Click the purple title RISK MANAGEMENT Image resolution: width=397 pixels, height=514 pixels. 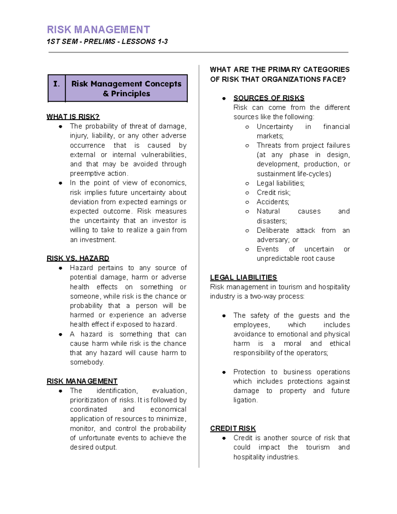[98, 30]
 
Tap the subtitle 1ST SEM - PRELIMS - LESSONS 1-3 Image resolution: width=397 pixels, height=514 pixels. [107, 42]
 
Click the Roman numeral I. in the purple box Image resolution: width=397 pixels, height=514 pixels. [57, 84]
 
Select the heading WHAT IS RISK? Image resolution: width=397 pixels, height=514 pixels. [73, 117]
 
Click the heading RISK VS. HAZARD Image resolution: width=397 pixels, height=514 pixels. [78, 258]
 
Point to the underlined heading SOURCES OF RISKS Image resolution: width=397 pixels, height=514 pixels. [269, 98]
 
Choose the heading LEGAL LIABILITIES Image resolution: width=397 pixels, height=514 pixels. [243, 278]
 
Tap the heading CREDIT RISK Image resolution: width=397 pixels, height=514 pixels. [233, 429]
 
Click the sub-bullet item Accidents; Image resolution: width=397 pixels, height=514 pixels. [273, 202]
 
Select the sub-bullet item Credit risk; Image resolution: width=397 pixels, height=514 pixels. [274, 193]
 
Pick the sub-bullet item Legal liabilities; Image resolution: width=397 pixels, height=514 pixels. [281, 183]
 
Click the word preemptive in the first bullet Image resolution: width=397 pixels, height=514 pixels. [86, 174]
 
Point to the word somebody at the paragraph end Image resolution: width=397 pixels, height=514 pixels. [87, 362]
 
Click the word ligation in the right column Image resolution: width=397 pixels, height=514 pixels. [245, 400]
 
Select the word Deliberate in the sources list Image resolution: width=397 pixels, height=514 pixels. [273, 230]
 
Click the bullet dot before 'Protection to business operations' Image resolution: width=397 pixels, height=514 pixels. [224, 372]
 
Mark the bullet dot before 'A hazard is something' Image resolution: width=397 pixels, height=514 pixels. [61, 335]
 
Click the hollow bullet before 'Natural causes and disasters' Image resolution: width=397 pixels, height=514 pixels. [247, 212]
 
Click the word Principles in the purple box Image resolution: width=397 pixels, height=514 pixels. [130, 94]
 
